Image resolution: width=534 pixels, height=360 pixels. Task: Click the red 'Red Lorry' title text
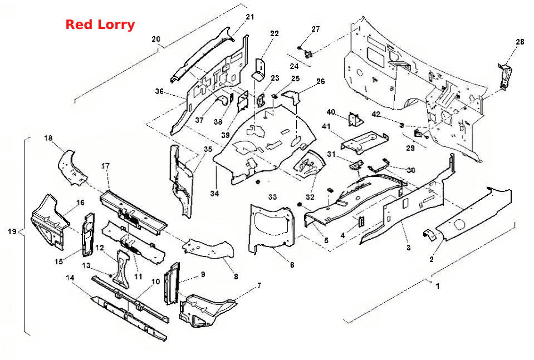[x=100, y=24]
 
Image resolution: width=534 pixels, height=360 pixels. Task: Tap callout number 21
[x=250, y=17]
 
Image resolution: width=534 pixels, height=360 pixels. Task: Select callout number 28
[x=520, y=42]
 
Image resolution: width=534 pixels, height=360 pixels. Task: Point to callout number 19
[x=12, y=231]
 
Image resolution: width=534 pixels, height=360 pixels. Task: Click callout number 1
[x=438, y=286]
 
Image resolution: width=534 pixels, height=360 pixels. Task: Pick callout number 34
[x=214, y=193]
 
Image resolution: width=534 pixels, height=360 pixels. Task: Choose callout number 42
[x=376, y=114]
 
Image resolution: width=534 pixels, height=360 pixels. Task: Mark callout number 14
[x=70, y=278]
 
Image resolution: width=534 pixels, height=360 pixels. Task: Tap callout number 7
[x=259, y=285]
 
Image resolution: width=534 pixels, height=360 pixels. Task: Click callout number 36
[x=159, y=91]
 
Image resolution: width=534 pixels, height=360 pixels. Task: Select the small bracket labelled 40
[x=356, y=119]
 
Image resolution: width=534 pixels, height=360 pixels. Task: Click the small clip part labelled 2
[x=430, y=235]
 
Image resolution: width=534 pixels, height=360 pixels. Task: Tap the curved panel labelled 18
[x=72, y=167]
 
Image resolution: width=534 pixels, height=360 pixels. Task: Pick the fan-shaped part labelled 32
[x=309, y=165]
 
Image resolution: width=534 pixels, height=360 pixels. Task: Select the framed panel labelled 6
[x=271, y=229]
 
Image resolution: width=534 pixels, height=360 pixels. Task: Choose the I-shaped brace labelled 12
[x=123, y=269]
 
